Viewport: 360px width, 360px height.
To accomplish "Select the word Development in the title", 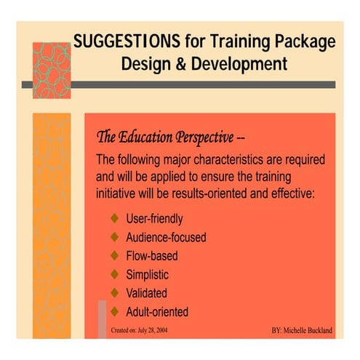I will click(x=239, y=64).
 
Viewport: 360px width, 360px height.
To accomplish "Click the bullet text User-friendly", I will click(x=154, y=218).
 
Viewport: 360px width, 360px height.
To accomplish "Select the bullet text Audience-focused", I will click(x=166, y=237).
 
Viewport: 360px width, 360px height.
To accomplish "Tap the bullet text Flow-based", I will click(x=152, y=256).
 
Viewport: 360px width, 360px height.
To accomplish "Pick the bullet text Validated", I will click(x=147, y=294).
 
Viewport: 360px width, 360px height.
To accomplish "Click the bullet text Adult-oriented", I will click(x=157, y=313).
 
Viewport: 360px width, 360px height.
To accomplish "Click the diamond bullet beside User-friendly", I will click(x=113, y=218).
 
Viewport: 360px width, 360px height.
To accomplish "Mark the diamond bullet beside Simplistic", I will click(x=113, y=275).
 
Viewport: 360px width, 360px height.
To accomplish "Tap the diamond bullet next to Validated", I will click(x=113, y=294).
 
